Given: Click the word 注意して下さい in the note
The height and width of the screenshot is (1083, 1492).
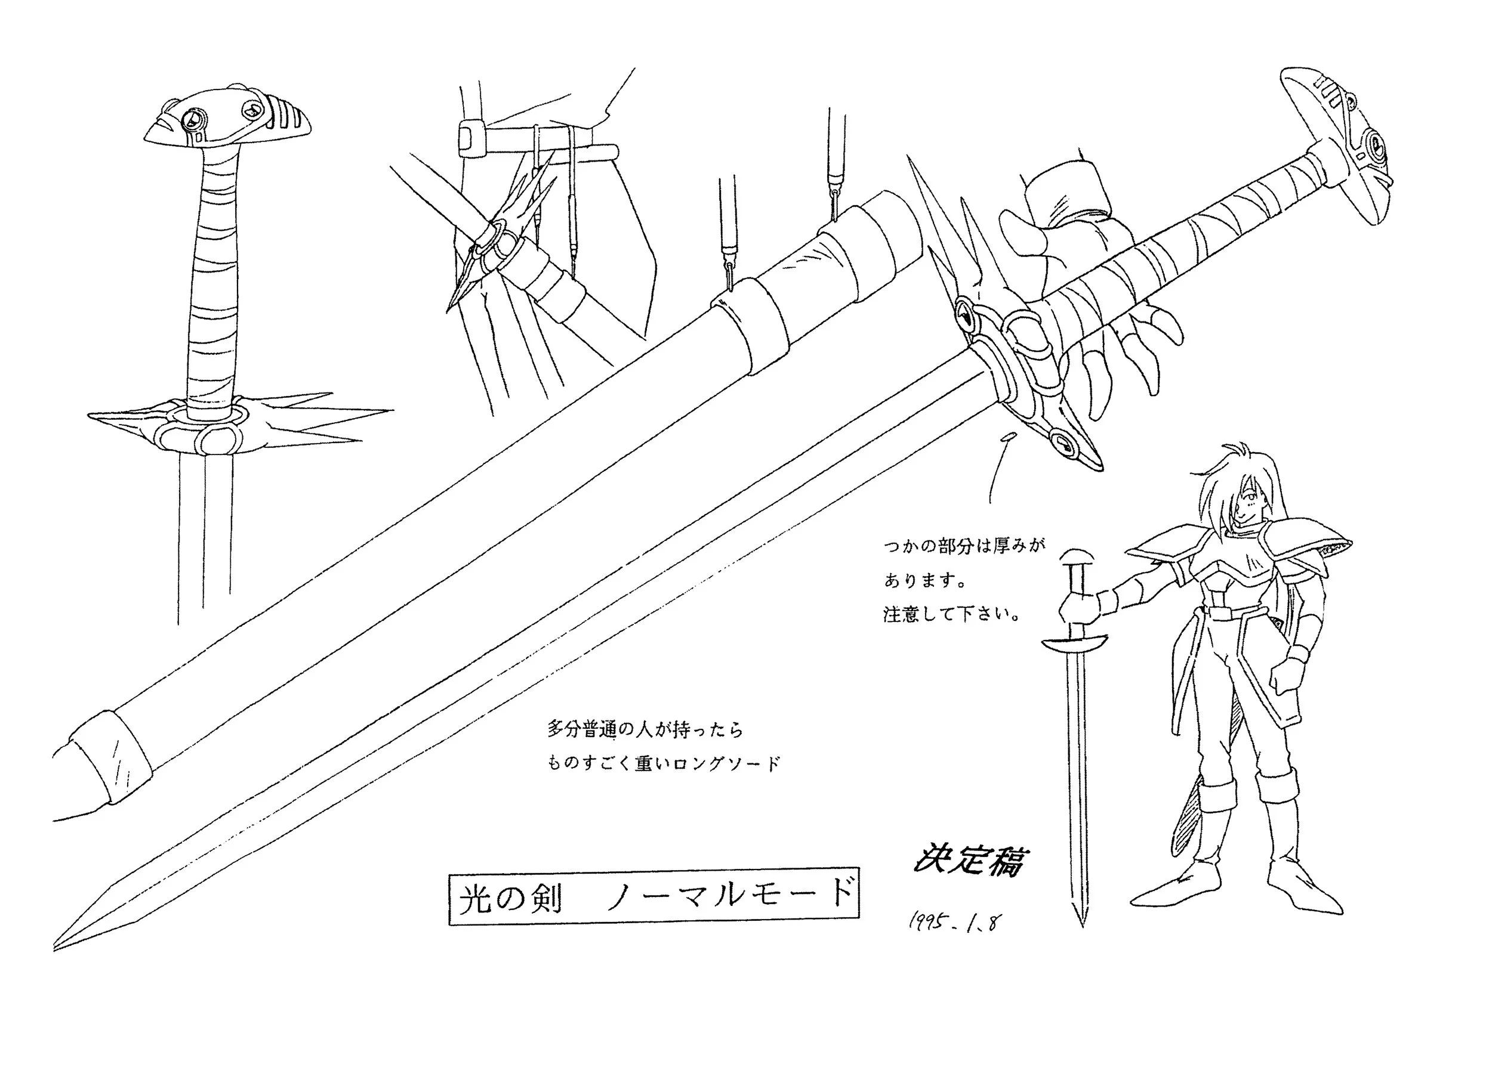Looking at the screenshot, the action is (x=951, y=616).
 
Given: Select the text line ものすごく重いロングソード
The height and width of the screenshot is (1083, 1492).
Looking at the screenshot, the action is (x=664, y=763).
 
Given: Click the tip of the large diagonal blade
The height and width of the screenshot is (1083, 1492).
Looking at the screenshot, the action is (x=58, y=947).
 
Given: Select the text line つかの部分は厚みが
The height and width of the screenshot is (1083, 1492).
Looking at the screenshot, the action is (x=964, y=546).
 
